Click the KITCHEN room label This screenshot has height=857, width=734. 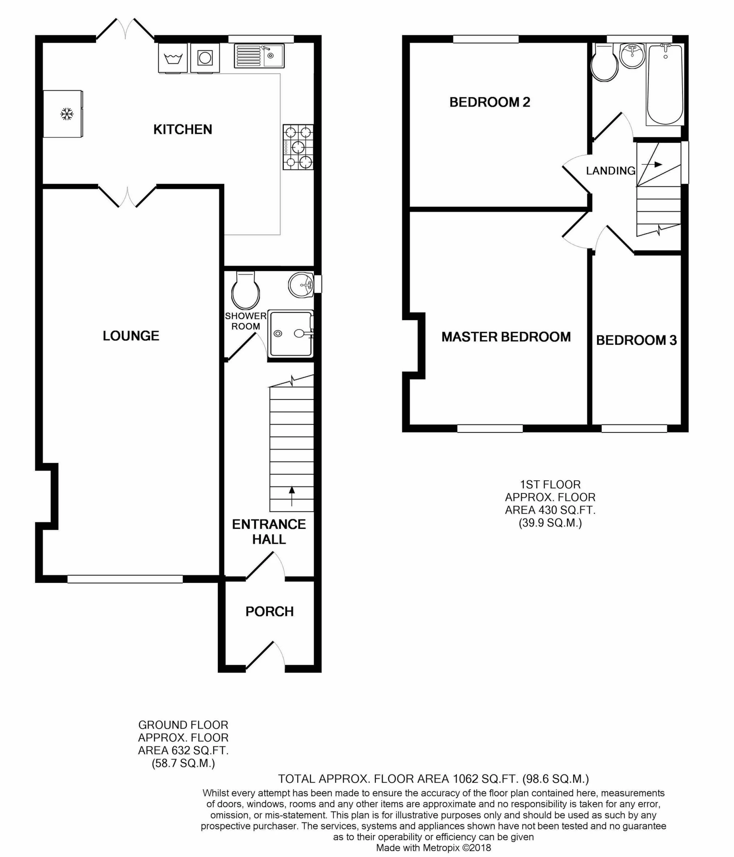pyautogui.click(x=182, y=129)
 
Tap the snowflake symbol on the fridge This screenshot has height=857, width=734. pyautogui.click(x=67, y=114)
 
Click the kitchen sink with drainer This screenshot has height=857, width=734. pyautogui.click(x=259, y=56)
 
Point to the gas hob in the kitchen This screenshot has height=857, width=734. pyautogui.click(x=298, y=147)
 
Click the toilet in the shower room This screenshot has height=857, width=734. pyautogui.click(x=246, y=291)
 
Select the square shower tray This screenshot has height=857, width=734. pyautogui.click(x=290, y=334)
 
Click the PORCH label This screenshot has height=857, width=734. pyautogui.click(x=269, y=611)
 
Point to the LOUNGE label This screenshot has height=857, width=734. pyautogui.click(x=131, y=336)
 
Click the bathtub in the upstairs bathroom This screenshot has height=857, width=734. pyautogui.click(x=664, y=85)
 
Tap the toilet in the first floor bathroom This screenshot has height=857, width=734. pyautogui.click(x=604, y=65)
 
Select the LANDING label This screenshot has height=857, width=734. pyautogui.click(x=610, y=170)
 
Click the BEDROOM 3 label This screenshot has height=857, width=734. pyautogui.click(x=636, y=340)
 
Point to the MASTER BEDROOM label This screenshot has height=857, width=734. pyautogui.click(x=506, y=337)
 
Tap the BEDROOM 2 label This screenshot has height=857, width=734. pyautogui.click(x=490, y=102)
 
